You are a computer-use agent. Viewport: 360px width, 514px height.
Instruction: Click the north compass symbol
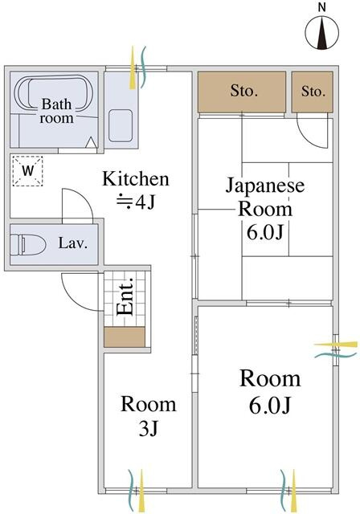click(x=322, y=33)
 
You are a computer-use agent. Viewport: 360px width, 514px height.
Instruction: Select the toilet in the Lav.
click(x=27, y=245)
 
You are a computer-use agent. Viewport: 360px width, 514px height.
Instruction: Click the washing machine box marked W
click(x=28, y=171)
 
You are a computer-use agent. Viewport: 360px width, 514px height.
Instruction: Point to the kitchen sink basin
click(x=121, y=125)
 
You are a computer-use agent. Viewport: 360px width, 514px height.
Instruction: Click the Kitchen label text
click(x=136, y=179)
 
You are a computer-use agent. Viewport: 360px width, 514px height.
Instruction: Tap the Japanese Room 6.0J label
click(x=265, y=209)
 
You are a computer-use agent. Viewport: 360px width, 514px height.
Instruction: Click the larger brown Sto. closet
click(x=242, y=92)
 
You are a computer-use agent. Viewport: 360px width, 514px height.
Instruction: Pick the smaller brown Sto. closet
click(x=313, y=92)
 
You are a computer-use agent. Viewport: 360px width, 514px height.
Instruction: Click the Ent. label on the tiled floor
click(x=125, y=296)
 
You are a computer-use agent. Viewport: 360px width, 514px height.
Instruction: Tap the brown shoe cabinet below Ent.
click(x=125, y=337)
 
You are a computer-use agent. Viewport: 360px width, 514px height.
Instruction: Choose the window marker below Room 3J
click(x=137, y=491)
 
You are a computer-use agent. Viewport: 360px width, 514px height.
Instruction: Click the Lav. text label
click(x=73, y=243)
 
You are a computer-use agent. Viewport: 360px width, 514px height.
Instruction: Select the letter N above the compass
click(x=322, y=8)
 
